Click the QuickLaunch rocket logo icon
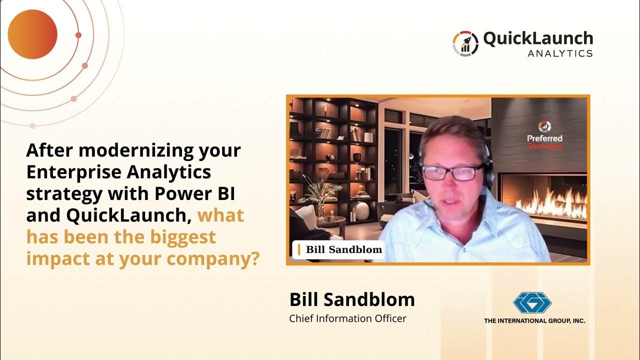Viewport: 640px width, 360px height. coord(465,43)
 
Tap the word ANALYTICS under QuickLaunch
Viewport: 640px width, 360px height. coord(560,53)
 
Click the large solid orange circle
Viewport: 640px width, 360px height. coord(32,34)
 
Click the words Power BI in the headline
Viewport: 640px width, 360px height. coord(195,193)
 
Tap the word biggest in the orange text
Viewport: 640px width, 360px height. coord(183,237)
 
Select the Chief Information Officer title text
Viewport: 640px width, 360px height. coord(347,318)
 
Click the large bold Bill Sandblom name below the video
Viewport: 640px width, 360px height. coord(352,299)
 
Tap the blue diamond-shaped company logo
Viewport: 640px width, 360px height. coord(532,302)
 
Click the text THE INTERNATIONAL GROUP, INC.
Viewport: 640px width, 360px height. coord(534,321)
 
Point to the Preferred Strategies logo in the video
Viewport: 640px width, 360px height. coord(544,135)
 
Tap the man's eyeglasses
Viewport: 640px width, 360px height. coord(453,172)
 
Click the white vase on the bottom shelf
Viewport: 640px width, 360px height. coord(361,211)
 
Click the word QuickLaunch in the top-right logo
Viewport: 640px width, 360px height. coord(538,39)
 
